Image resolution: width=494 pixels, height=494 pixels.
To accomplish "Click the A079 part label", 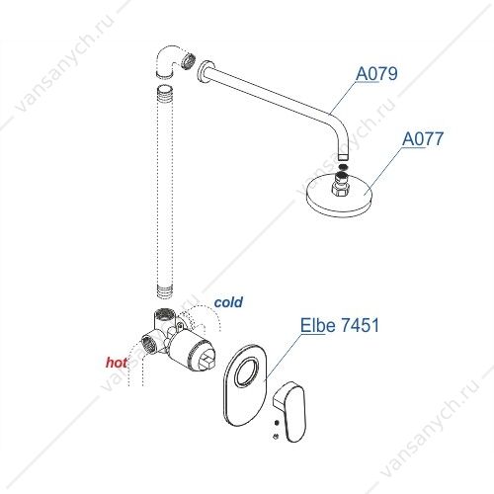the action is coord(376,74).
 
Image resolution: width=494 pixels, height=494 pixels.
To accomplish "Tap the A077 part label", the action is coord(423,138).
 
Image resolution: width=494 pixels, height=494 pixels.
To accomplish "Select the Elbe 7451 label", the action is coord(340,325).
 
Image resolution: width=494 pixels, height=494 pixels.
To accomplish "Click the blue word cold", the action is coord(228,302).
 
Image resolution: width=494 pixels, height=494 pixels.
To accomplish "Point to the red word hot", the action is coord(117,363).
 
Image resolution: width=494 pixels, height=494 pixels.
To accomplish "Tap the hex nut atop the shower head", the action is coord(341,190).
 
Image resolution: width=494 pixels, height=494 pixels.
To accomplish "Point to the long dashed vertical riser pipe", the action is coord(165,192).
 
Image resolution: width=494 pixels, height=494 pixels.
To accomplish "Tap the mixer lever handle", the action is coord(291,411).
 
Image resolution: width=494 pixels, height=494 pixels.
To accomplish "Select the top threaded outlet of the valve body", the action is coord(164,314).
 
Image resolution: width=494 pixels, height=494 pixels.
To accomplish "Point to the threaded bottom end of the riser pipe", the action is coord(165,291).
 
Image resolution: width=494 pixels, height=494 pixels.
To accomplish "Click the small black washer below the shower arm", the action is coord(343,167).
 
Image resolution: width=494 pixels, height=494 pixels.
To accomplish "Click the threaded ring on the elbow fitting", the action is coord(189,60).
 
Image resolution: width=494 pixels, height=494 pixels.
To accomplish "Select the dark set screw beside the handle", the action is coord(277,423).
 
